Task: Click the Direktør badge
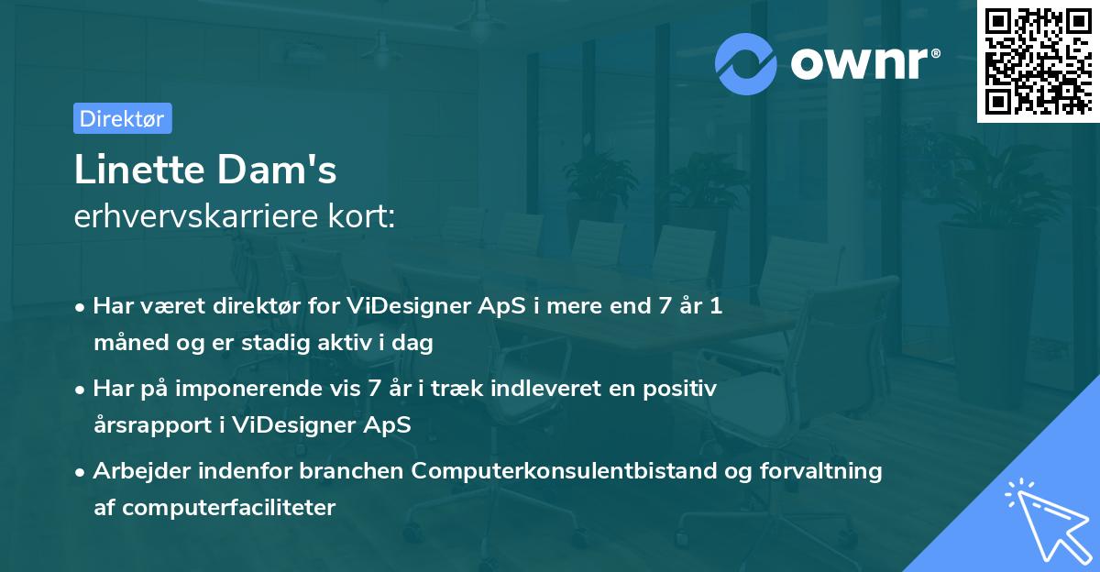[122, 118]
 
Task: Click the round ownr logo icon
[745, 64]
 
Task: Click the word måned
[125, 343]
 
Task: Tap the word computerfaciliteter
[228, 508]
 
